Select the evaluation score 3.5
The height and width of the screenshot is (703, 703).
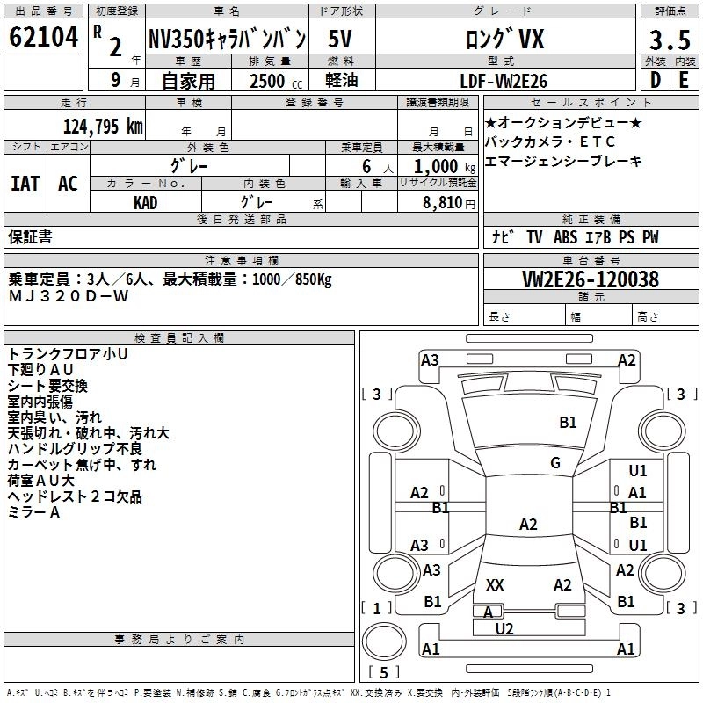click(x=669, y=40)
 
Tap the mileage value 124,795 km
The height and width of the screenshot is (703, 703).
click(x=103, y=126)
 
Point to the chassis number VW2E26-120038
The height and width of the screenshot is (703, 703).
click(x=591, y=280)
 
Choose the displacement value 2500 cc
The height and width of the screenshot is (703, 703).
click(x=268, y=81)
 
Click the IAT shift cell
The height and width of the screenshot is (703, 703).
click(x=25, y=184)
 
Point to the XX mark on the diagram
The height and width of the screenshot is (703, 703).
click(x=495, y=585)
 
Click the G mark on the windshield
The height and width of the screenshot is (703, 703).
click(x=555, y=462)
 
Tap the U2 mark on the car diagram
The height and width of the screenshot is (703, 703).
click(x=504, y=628)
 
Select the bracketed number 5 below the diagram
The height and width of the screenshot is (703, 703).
click(x=384, y=673)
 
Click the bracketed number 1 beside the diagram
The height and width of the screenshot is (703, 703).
click(x=377, y=608)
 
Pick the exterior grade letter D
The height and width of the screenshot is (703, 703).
click(x=655, y=81)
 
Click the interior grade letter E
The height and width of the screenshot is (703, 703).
click(x=683, y=81)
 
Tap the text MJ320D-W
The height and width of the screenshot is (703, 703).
click(x=69, y=296)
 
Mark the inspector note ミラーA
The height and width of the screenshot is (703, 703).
click(x=34, y=513)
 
